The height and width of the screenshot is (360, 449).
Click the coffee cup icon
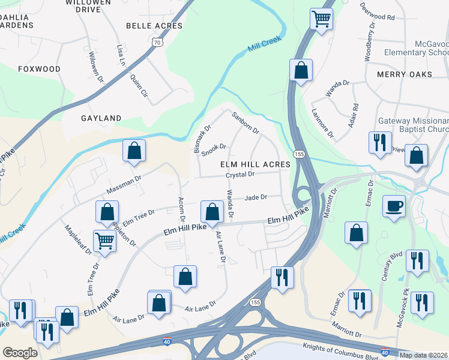point(394,207)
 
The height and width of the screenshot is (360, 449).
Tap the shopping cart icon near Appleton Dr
point(105,241)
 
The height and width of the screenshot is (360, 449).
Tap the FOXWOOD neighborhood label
point(40,69)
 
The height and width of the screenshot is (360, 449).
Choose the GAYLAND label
point(101,118)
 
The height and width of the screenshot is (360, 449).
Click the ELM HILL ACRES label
point(255,164)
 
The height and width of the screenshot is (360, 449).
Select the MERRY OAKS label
point(405,74)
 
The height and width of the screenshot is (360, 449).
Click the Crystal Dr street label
point(240,175)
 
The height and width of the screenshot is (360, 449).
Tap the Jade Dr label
point(256,197)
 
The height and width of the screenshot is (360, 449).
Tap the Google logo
point(20,352)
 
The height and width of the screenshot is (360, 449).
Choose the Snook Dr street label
point(214,149)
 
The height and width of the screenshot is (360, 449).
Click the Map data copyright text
point(423,355)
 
